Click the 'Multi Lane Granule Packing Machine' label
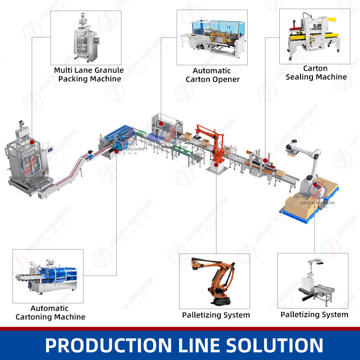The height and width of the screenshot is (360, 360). tap(89, 74)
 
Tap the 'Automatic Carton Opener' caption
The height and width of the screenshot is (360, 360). tap(212, 75)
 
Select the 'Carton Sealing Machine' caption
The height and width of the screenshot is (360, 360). tap(316, 72)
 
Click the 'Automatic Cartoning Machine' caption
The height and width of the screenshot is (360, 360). tap(50, 312)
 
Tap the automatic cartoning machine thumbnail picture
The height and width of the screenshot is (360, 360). tap(48, 276)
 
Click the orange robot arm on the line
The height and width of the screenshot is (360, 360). tap(211, 142)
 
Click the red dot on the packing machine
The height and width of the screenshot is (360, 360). tap(31, 143)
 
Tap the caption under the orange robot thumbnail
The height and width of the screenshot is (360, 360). tap(216, 315)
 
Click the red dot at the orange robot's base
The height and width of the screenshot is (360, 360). tap(216, 165)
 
